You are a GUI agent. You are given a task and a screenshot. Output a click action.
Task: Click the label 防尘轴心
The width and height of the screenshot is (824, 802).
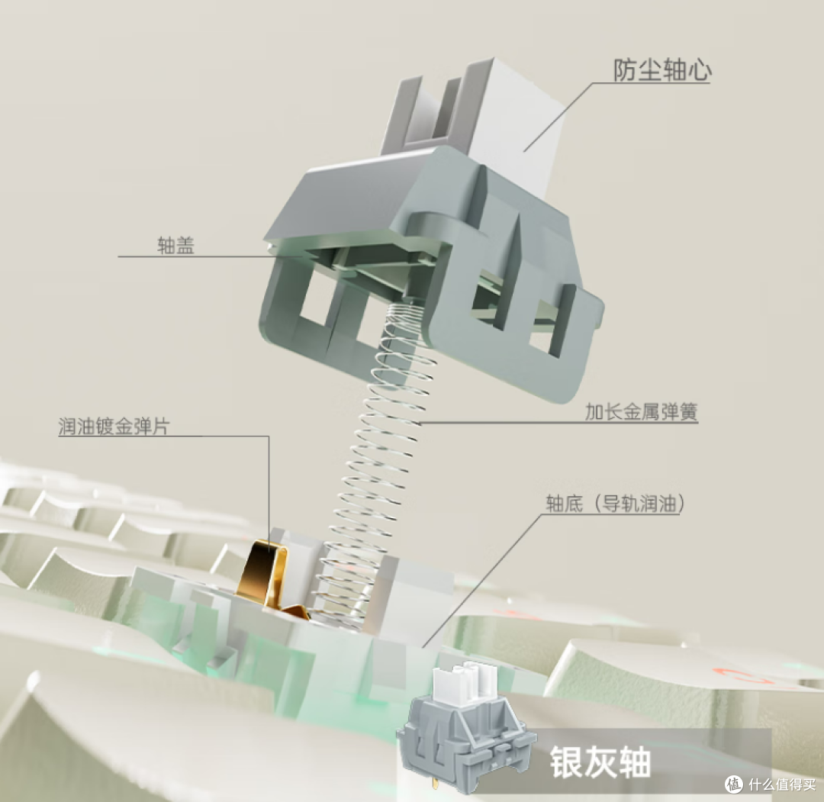pyautogui.click(x=662, y=70)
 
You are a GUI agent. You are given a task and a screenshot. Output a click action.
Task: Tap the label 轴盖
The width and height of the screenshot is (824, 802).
pyautogui.click(x=176, y=246)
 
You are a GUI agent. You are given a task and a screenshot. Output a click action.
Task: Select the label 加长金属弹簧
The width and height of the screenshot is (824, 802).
pyautogui.click(x=641, y=411)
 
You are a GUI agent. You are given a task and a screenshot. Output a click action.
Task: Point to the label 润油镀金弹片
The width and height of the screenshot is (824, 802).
pyautogui.click(x=114, y=427)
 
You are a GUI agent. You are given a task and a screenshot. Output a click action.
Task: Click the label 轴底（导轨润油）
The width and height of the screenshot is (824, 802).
pyautogui.click(x=616, y=504)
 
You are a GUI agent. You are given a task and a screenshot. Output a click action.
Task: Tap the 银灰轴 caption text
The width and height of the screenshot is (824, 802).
pyautogui.click(x=600, y=762)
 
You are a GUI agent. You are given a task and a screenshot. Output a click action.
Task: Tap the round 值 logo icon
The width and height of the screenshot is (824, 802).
pyautogui.click(x=735, y=784)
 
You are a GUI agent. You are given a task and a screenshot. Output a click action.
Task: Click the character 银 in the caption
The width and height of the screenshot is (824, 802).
pyautogui.click(x=566, y=762)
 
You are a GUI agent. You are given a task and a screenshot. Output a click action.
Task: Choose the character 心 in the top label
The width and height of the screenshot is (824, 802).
pyautogui.click(x=700, y=70)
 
